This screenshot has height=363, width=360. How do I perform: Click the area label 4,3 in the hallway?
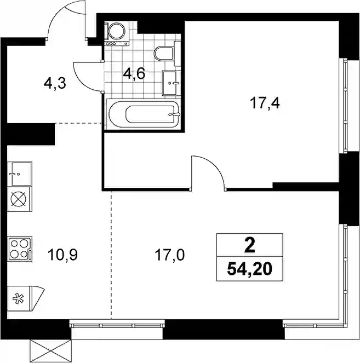coord(55,84)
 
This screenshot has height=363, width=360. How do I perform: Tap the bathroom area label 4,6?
coord(134,74)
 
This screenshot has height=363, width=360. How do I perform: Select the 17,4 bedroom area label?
coord(265,103)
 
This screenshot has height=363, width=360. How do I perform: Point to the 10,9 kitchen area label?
coord(62,255)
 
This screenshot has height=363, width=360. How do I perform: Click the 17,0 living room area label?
coord(169,255)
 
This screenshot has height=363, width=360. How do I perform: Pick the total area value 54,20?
coord(249,269)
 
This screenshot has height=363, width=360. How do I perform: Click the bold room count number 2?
coord(250,246)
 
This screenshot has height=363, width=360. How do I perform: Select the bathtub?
coord(143,114)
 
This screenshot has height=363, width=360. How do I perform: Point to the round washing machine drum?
coord(116,30)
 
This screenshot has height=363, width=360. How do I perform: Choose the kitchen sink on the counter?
coord(20,174)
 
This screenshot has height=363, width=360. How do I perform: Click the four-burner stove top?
coord(20,249)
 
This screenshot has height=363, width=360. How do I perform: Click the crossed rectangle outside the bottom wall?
coord(50,351)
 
